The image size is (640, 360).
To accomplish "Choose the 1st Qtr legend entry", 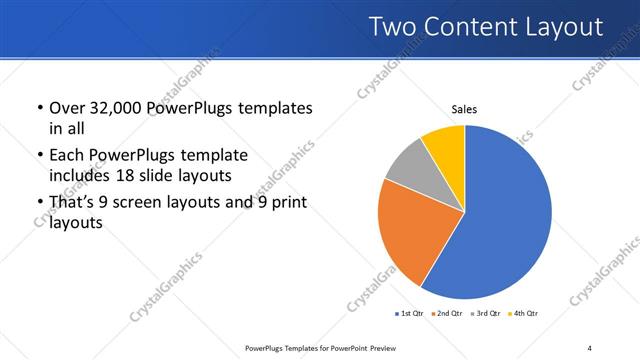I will click(x=410, y=314).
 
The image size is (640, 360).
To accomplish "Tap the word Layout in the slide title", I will click(x=565, y=27).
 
